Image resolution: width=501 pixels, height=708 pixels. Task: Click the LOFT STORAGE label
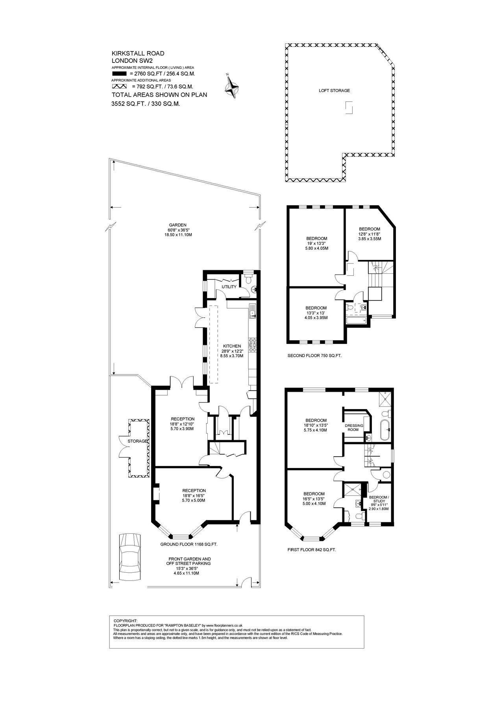334,90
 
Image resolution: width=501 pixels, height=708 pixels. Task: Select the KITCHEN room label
231,346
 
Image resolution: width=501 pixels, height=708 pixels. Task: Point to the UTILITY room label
229,287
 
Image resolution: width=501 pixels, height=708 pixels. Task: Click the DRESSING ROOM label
354,428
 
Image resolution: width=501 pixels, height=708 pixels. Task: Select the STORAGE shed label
138,441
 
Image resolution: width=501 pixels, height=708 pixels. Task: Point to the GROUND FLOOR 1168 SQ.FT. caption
189,544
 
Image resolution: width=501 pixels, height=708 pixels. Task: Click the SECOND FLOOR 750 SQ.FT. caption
314,356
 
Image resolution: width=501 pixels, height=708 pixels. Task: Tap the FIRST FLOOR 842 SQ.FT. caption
312,549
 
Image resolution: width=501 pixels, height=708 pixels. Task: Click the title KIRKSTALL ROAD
138,53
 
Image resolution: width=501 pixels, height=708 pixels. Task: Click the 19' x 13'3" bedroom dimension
317,243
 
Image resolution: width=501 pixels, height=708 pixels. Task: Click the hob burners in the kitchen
253,345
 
